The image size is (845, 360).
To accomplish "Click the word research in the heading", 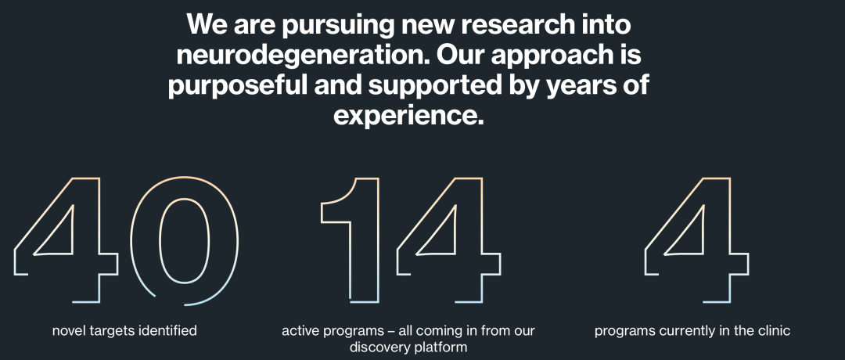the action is (x=514, y=25).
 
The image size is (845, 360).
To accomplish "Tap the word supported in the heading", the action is (x=433, y=86).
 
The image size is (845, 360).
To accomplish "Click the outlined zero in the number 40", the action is (x=132, y=241).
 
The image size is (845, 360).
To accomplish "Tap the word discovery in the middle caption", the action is (x=378, y=347).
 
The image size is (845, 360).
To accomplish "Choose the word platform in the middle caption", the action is (x=439, y=347).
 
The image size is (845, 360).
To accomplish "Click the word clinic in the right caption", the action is (x=774, y=329).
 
